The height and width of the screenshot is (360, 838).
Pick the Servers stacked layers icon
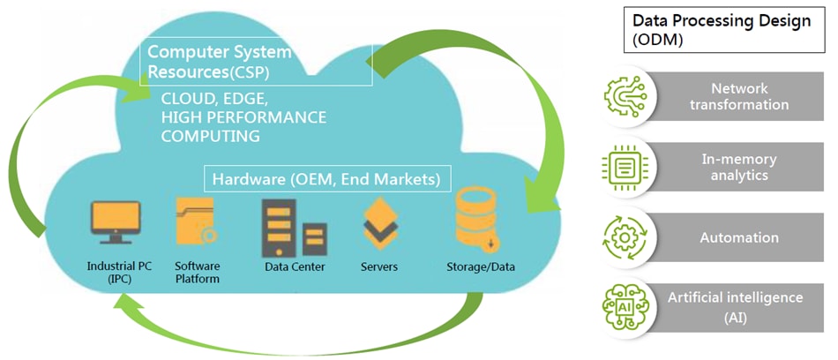380,222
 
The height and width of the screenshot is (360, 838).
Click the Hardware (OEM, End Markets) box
327,180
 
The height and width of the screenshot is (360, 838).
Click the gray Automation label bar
739,237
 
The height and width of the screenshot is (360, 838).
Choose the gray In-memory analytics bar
739,168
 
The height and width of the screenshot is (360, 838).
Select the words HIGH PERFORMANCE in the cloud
243,117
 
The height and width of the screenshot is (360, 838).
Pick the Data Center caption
295,266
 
